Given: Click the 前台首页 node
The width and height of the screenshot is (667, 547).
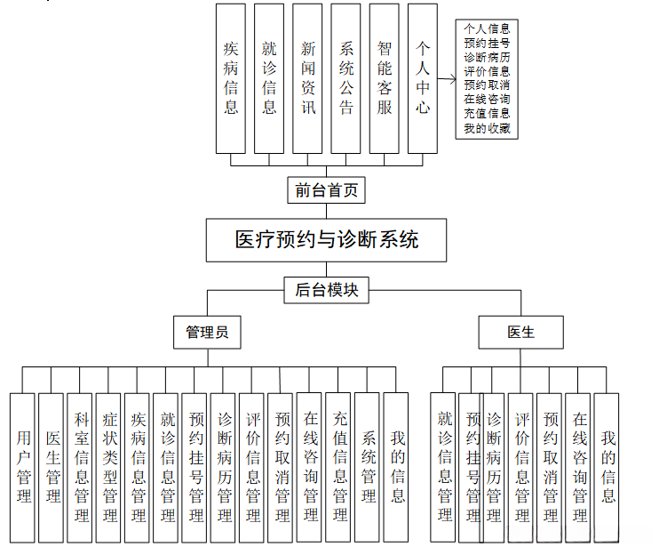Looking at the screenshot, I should click(327, 190).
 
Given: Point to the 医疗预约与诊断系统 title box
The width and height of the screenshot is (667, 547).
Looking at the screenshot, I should click(327, 239).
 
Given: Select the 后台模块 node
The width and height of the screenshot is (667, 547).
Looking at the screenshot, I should click(327, 289).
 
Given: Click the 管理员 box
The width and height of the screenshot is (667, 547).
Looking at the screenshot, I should click(207, 333).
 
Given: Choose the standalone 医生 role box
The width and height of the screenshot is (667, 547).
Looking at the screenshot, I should click(521, 333).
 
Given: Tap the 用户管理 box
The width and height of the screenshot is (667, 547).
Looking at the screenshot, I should click(23, 468).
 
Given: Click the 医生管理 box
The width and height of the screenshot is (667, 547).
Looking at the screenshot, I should click(52, 468).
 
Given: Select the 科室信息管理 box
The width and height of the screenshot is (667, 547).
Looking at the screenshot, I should click(80, 468).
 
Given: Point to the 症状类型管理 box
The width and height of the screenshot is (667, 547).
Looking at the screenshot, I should click(108, 468).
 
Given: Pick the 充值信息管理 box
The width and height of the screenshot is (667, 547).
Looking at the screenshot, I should click(338, 468).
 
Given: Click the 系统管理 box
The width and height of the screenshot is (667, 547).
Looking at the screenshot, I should click(367, 468).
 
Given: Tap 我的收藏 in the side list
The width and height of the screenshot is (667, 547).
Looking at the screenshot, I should click(487, 128).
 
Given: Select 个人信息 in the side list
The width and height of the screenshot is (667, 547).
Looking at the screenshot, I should click(487, 28).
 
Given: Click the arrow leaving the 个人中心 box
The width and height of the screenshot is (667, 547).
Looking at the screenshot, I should click(447, 79).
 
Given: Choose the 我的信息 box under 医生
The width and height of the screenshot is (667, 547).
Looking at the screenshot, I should click(607, 468).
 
